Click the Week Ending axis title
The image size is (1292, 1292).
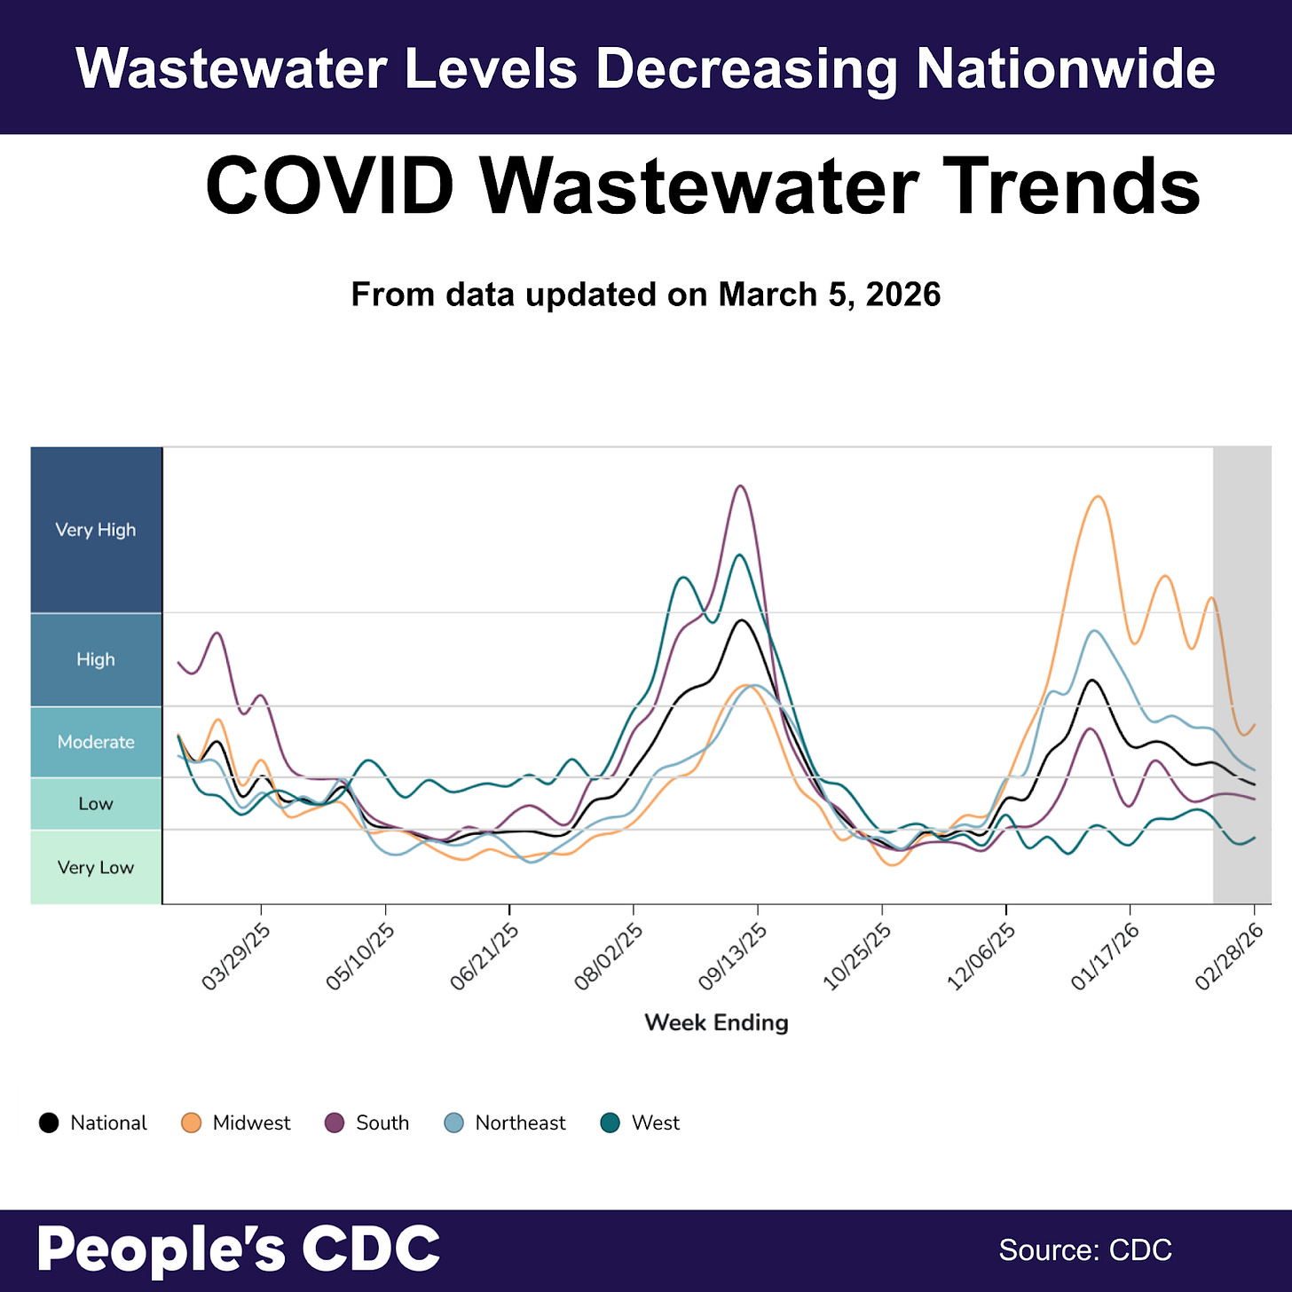[x=716, y=1022]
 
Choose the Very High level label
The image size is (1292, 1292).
[x=96, y=530]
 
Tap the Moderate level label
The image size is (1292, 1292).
[x=96, y=742]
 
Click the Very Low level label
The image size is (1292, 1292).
[x=96, y=867]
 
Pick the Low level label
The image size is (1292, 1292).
[x=96, y=804]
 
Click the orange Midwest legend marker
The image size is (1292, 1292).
[x=191, y=1123]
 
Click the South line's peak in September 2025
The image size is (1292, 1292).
[x=740, y=486]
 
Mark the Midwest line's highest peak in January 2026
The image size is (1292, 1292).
[x=1099, y=497]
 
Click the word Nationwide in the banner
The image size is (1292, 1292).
[x=1065, y=68]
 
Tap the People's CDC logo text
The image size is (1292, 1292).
[x=239, y=1249]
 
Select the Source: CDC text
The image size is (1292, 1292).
[x=1085, y=1249]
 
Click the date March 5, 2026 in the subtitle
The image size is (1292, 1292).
[x=829, y=295]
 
